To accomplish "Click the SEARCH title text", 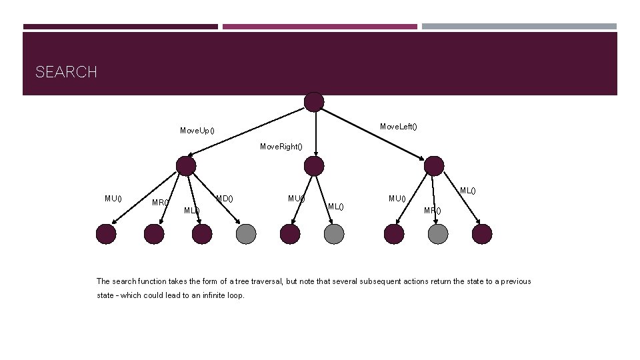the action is coord(66,72).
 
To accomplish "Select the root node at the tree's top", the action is coord(314,102).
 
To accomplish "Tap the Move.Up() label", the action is coord(197,130).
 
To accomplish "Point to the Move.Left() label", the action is coord(399,127).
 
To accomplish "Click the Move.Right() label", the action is coord(281,146).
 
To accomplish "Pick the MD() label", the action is coord(224,198).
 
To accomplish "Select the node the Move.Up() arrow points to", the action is coord(186,167).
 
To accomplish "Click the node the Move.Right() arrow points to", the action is coord(314,167).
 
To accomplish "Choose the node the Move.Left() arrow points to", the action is coord(434,166).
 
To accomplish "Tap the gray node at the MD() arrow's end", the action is coord(246,233).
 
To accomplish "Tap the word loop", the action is coord(236,295).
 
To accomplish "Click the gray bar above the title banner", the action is coord(519,27).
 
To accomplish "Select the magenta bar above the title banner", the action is coord(320,27).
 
